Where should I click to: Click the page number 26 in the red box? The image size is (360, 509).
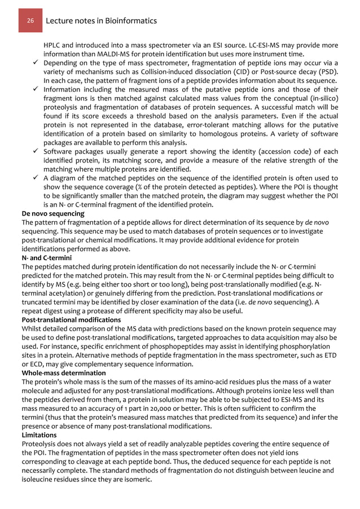coord(30,21)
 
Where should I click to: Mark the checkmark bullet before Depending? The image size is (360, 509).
coord(35,63)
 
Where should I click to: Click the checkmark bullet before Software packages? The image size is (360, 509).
coord(35,151)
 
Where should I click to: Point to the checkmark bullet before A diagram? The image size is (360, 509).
coord(35,178)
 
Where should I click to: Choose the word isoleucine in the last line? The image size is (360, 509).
coord(39,480)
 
